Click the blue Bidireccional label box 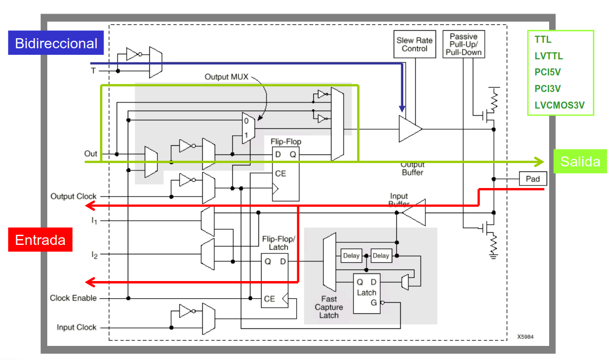pos(56,43)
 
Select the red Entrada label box pos(40,239)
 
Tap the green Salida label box pos(580,161)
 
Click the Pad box pos(532,178)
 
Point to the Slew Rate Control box pos(415,44)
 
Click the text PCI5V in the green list pos(548,72)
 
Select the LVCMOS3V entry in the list pos(560,106)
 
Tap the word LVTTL pos(549,56)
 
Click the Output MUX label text pos(226,77)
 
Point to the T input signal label pos(93,71)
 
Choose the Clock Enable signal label pos(73,298)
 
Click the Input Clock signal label pos(76,327)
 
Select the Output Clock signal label pos(73,196)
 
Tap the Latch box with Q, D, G pos(367,294)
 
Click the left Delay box pos(351,255)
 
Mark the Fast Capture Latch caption pos(329,307)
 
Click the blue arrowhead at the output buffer pos(402,108)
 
